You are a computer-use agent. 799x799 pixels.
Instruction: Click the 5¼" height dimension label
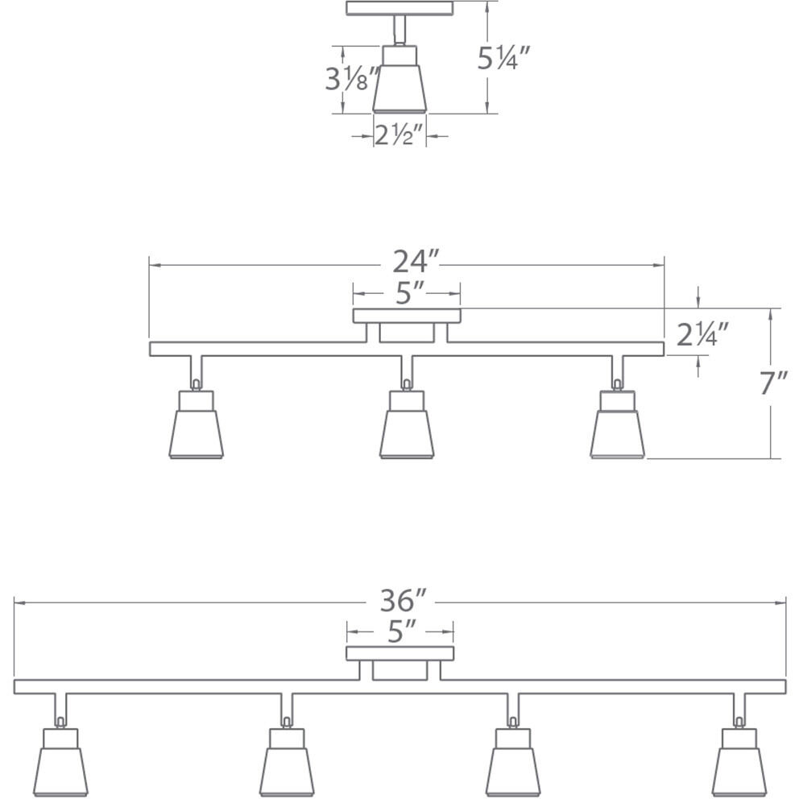[x=503, y=58]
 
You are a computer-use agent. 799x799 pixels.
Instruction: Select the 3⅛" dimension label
[x=351, y=78]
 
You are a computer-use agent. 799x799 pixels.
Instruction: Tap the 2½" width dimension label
[x=399, y=135]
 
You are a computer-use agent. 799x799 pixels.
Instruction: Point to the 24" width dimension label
[x=416, y=263]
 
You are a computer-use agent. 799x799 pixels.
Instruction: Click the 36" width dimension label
[x=403, y=601]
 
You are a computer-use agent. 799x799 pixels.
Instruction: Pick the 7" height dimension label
[x=773, y=384]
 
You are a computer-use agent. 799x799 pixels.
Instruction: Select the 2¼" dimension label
[x=702, y=333]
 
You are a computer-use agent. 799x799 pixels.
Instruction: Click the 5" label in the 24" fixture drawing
[x=409, y=293]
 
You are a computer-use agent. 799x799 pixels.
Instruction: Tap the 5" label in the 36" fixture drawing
[x=400, y=631]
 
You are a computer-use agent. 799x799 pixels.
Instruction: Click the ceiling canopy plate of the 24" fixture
[x=407, y=316]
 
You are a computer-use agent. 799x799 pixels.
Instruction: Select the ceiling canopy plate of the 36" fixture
[x=400, y=653]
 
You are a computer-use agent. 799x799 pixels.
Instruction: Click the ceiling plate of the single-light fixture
[x=399, y=8]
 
